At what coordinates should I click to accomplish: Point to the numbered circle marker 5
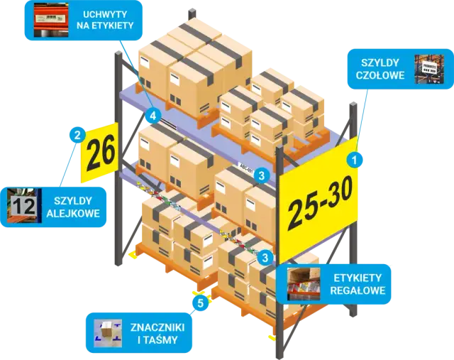click(201, 305)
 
